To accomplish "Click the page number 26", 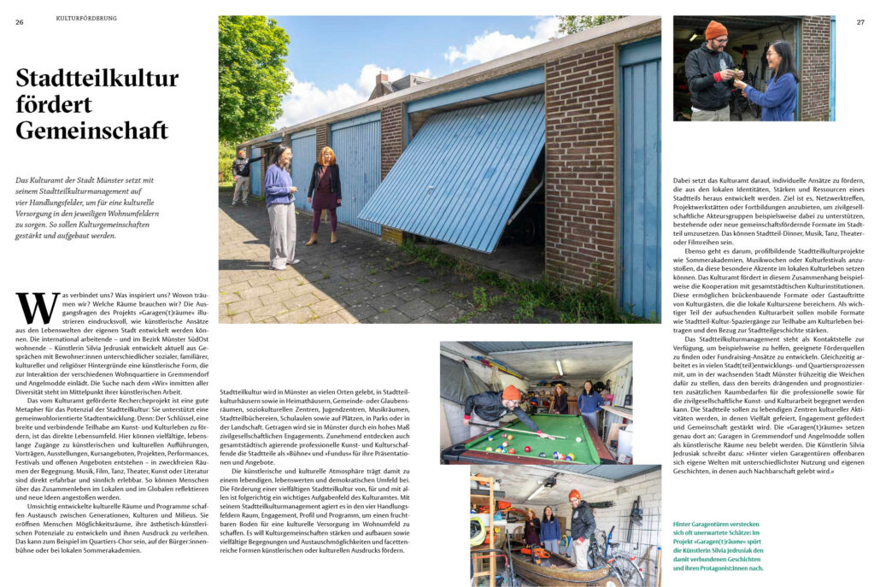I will [x=19, y=21].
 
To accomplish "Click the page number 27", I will [x=860, y=21].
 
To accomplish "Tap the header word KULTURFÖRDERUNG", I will [x=86, y=18].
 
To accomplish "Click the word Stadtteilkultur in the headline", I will [x=97, y=79].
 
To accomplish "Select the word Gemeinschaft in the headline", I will [x=92, y=131].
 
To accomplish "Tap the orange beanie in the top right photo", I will [x=715, y=30].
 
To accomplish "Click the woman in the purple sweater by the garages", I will [x=280, y=203].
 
